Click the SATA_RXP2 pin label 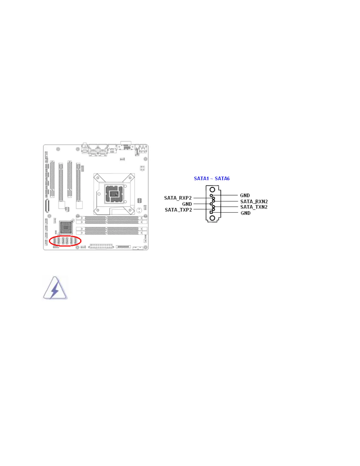(x=178, y=198)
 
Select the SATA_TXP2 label (x=178, y=210)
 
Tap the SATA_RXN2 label (x=254, y=202)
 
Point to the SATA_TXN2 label (x=254, y=207)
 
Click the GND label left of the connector (x=187, y=204)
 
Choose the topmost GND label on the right (x=245, y=195)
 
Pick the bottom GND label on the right (x=245, y=213)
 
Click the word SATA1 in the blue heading (x=201, y=179)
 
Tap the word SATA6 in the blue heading (x=222, y=179)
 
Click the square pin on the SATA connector (x=211, y=212)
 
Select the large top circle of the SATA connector (x=212, y=190)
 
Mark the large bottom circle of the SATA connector (x=212, y=218)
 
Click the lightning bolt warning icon (x=55, y=288)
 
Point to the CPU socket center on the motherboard (x=114, y=194)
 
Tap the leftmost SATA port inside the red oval (x=54, y=241)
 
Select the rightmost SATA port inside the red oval (x=76, y=241)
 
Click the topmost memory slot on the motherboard (x=111, y=218)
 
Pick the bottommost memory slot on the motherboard (x=111, y=233)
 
